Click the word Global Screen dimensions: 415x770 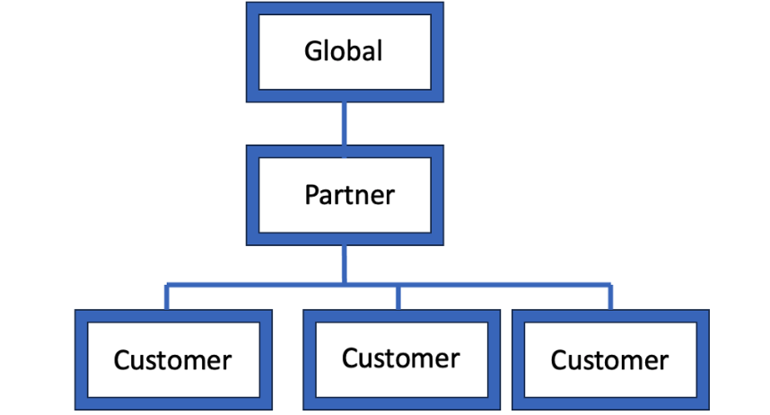(x=344, y=51)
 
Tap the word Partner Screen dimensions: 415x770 (x=349, y=194)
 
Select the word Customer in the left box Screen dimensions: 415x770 (x=172, y=360)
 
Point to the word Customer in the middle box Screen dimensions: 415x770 (x=400, y=358)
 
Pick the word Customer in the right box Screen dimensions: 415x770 (x=609, y=360)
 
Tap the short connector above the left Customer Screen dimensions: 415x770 (x=167, y=298)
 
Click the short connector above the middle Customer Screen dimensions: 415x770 (x=398, y=298)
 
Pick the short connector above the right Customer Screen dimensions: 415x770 (x=611, y=298)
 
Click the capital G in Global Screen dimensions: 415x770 (x=313, y=51)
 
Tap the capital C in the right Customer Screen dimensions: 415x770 (x=559, y=360)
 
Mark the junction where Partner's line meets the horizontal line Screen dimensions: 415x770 (x=344, y=287)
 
